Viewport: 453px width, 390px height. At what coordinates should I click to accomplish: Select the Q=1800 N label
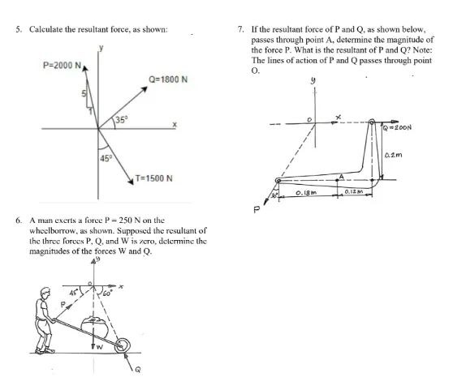click(x=169, y=80)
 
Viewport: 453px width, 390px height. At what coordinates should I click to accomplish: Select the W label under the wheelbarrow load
click(x=101, y=349)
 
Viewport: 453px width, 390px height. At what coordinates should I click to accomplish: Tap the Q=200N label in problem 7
click(x=398, y=128)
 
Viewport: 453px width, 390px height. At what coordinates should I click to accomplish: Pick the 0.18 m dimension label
click(x=306, y=193)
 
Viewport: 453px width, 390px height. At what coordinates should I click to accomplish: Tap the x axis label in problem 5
click(x=173, y=124)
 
